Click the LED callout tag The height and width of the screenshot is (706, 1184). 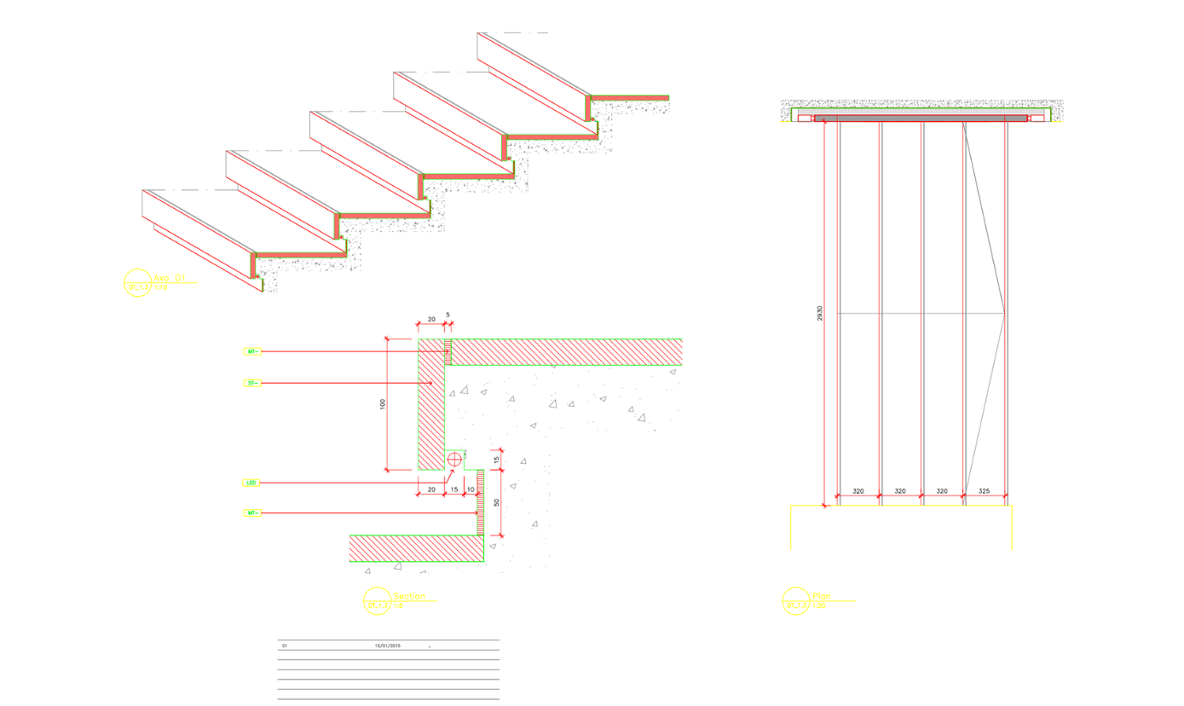coord(251,483)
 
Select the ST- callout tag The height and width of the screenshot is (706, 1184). coord(251,384)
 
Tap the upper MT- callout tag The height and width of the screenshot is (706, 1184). coord(251,351)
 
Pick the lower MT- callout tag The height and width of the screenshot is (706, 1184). coord(251,512)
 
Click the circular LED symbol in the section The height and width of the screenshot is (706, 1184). coord(454,459)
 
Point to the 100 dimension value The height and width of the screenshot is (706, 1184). coord(383,404)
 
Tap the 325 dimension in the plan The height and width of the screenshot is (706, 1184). coord(985,492)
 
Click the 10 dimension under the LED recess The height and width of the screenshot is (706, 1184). coord(471,489)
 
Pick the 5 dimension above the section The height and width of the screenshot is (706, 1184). coord(448,315)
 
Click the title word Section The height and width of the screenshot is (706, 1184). coord(408,597)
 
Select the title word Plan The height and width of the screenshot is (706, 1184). coord(821,597)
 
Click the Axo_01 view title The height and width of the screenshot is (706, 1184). coord(169,278)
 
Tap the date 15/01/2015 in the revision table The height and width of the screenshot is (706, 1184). coord(388,645)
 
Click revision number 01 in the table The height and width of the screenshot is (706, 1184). coord(285,645)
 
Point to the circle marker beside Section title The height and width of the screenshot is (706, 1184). coord(376,601)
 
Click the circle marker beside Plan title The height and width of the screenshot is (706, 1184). coord(795,600)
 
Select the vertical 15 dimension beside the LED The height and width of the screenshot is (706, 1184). coord(496,460)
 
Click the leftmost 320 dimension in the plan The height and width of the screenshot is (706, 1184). coord(858,492)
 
